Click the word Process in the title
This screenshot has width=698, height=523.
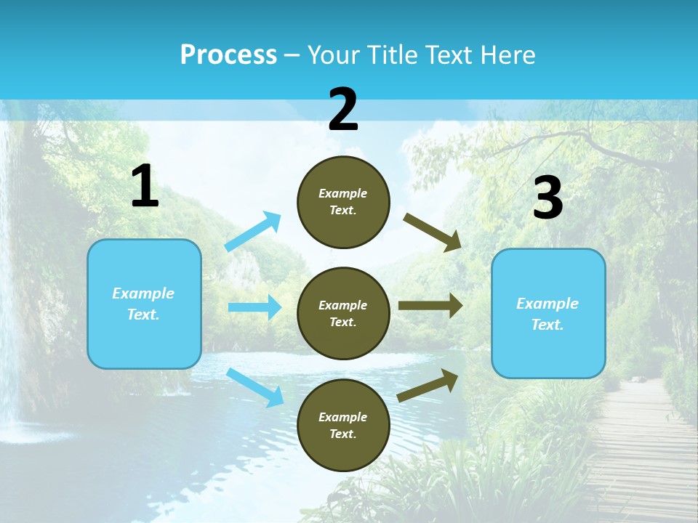click(228, 55)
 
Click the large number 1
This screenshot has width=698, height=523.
click(145, 187)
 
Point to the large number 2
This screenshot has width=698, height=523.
click(343, 110)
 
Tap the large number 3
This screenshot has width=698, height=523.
click(547, 198)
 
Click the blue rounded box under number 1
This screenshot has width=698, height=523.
click(144, 304)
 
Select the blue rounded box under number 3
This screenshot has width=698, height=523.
click(548, 314)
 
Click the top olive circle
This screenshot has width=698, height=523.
click(343, 202)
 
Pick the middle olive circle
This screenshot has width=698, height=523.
click(343, 313)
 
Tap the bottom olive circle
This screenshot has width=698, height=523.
click(343, 425)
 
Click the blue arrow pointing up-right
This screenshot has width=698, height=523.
click(253, 232)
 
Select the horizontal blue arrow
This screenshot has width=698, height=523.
click(254, 307)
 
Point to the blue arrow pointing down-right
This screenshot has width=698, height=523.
click(254, 387)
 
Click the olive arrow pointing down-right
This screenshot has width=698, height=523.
click(432, 232)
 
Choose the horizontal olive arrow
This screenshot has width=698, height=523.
click(430, 306)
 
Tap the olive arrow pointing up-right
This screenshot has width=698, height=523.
click(428, 385)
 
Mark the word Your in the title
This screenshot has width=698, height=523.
click(333, 55)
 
